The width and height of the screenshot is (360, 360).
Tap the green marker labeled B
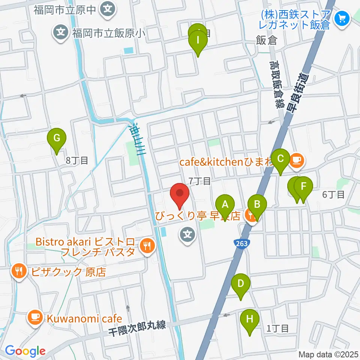click(257, 205)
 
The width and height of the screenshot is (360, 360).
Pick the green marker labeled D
click(241, 284)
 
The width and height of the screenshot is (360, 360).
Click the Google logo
click(25, 351)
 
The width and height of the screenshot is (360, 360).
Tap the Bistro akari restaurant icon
click(146, 246)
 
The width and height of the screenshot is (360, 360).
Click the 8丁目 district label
click(77, 160)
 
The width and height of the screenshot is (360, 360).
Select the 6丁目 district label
click(333, 194)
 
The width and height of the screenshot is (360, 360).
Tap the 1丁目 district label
click(277, 328)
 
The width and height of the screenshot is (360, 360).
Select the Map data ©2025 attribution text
click(328, 354)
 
